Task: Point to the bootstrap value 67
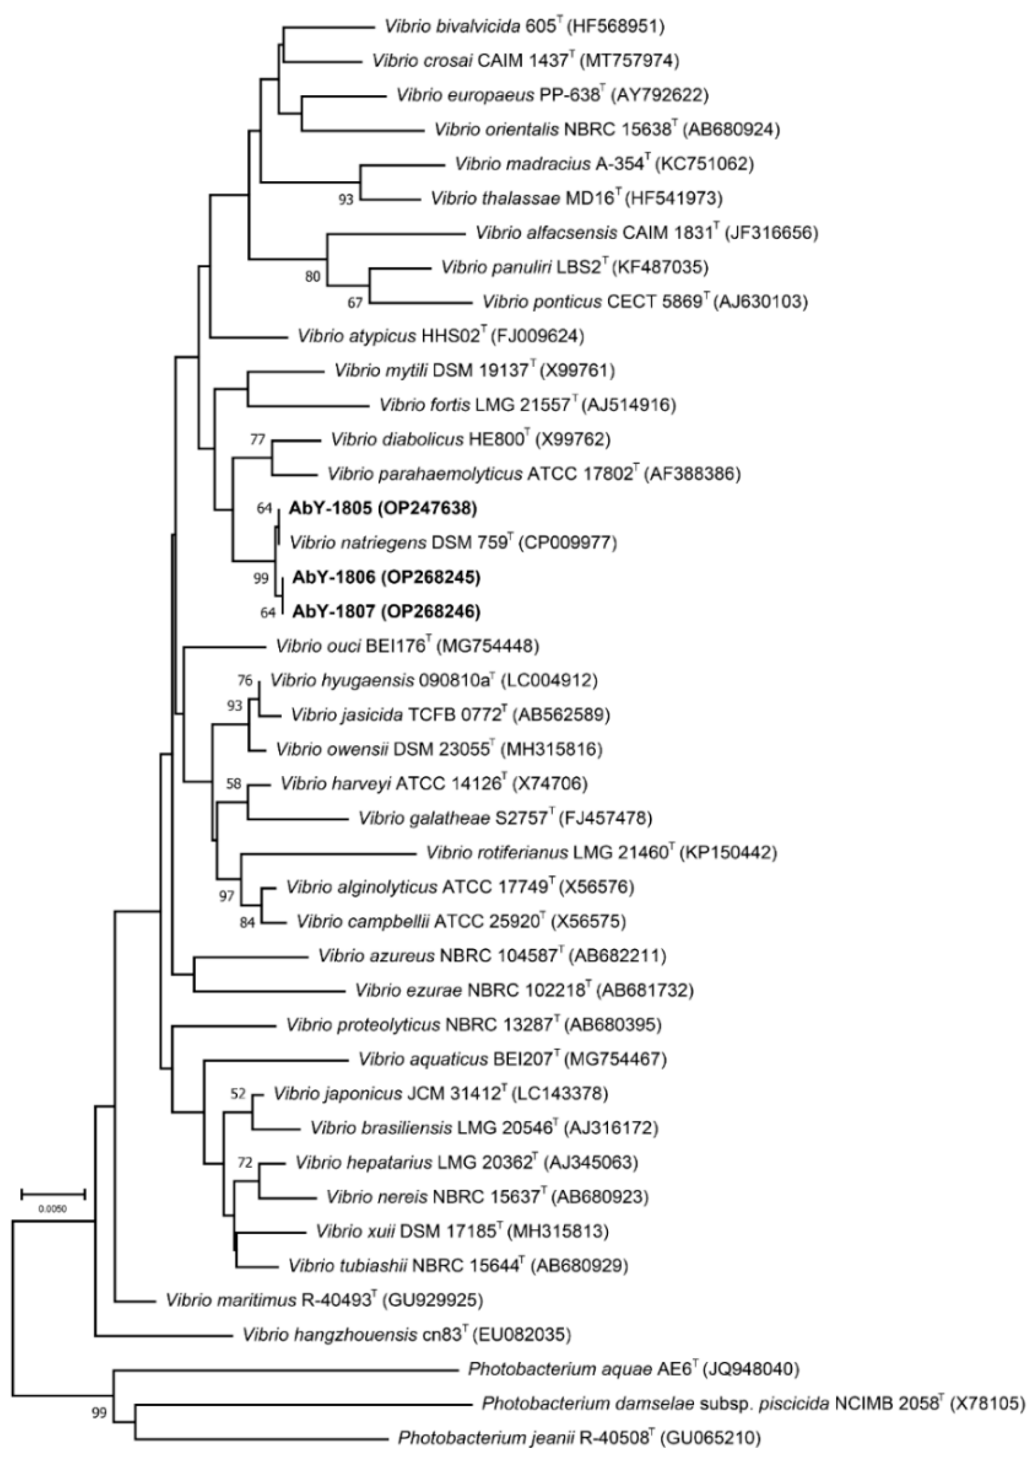point(355,303)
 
